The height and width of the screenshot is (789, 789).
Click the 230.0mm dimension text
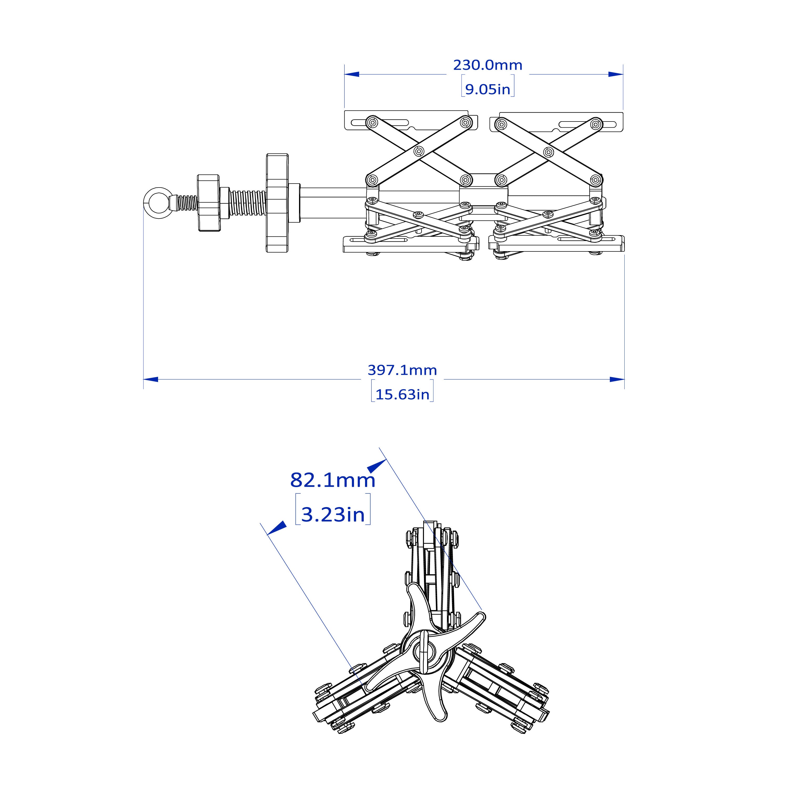[x=488, y=65]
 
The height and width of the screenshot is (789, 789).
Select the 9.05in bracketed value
[x=488, y=89]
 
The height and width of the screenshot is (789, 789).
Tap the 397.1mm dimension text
[x=402, y=370]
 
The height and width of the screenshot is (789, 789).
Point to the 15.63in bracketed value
[x=402, y=394]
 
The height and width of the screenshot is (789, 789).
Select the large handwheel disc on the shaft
[x=277, y=203]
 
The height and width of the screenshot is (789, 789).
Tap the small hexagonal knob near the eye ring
[x=208, y=203]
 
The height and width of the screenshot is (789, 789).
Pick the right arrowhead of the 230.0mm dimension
[x=616, y=74]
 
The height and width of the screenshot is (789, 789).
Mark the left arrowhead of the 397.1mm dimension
[x=151, y=380]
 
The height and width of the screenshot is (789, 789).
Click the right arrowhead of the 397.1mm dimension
[x=617, y=380]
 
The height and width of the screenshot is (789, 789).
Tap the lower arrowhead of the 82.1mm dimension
[x=276, y=528]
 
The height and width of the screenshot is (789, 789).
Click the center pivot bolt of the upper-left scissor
[x=419, y=151]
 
